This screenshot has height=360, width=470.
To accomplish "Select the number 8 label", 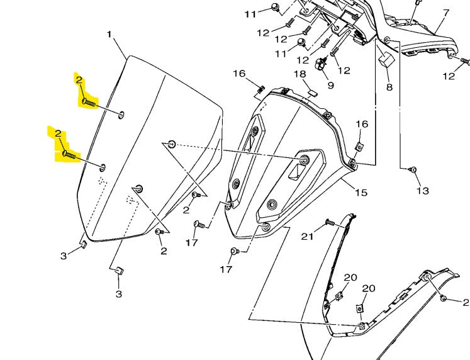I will pos(389,87).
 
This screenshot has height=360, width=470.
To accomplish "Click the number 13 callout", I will pos(422,191).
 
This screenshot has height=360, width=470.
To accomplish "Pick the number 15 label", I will pos(361,192).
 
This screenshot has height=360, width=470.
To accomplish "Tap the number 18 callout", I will pos(299,74).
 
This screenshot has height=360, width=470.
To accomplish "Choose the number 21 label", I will pos(306,236).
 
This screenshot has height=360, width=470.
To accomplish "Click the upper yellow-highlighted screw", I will pos(89,101).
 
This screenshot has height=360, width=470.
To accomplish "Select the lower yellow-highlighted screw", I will pos(69,154).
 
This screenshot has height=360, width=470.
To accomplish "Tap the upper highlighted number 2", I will pos(79,81).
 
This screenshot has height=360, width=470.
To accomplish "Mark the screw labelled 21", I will pos(329,223).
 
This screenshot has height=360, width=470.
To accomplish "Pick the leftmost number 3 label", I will pos(64,256).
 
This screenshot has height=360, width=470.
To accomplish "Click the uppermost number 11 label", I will pos(250,14).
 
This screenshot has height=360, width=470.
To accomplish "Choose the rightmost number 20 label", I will pos(368,288).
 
